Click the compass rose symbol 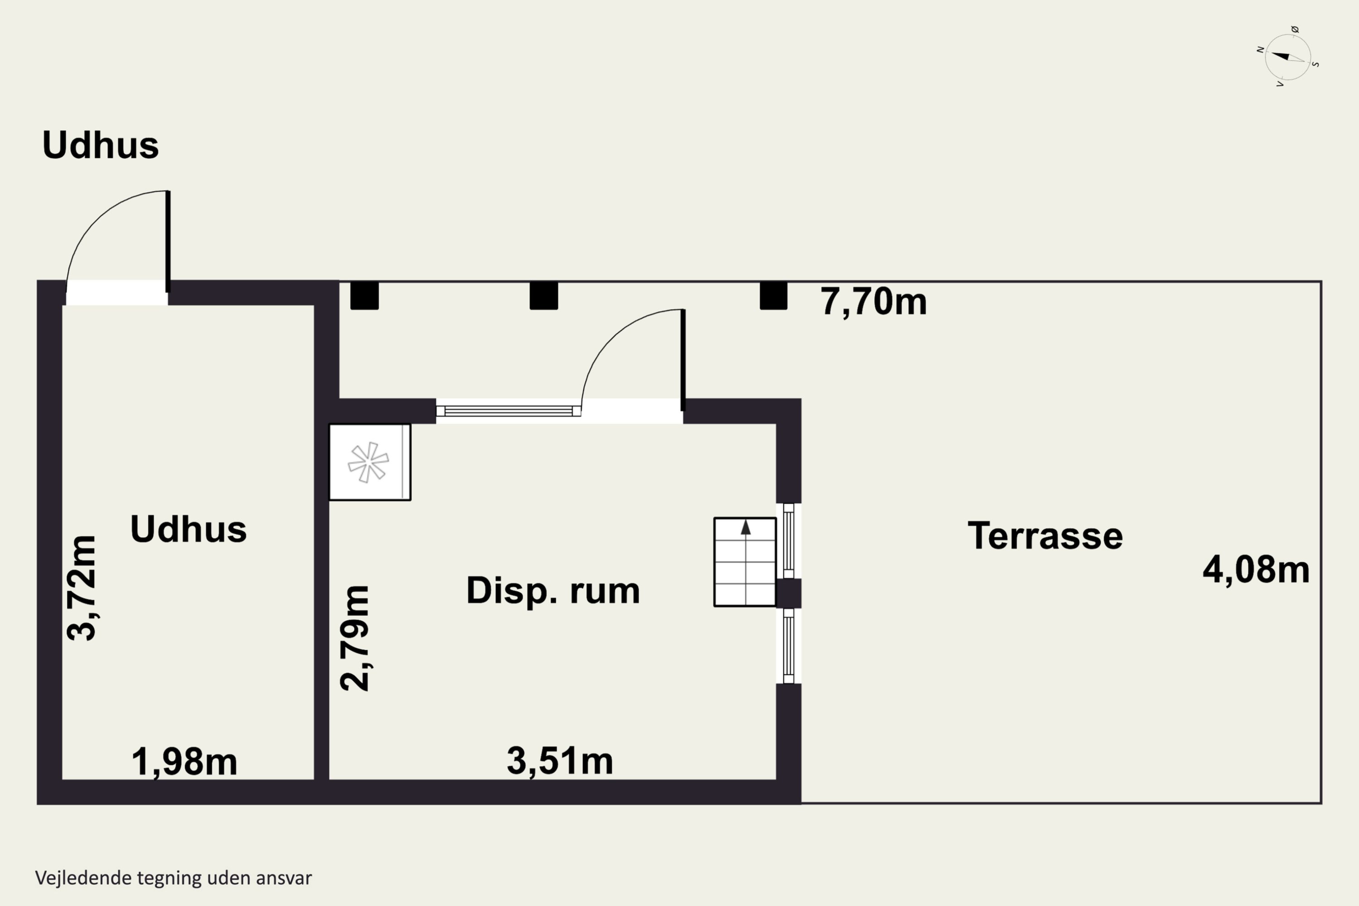pyautogui.click(x=1287, y=57)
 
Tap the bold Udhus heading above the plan pyautogui.click(x=101, y=145)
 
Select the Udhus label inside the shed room pyautogui.click(x=188, y=529)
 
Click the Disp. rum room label pyautogui.click(x=553, y=591)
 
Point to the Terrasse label pyautogui.click(x=1045, y=535)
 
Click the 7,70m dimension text pyautogui.click(x=874, y=302)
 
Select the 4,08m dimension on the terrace pyautogui.click(x=1256, y=570)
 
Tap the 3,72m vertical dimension pyautogui.click(x=82, y=588)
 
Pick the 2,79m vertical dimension pyautogui.click(x=354, y=638)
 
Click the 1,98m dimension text pyautogui.click(x=184, y=761)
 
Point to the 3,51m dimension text pyautogui.click(x=560, y=761)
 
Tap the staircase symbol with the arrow pyautogui.click(x=745, y=562)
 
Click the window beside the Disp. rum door pyautogui.click(x=508, y=411)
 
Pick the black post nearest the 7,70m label pyautogui.click(x=773, y=295)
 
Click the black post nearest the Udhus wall pyautogui.click(x=365, y=295)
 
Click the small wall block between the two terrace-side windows pyautogui.click(x=788, y=593)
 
